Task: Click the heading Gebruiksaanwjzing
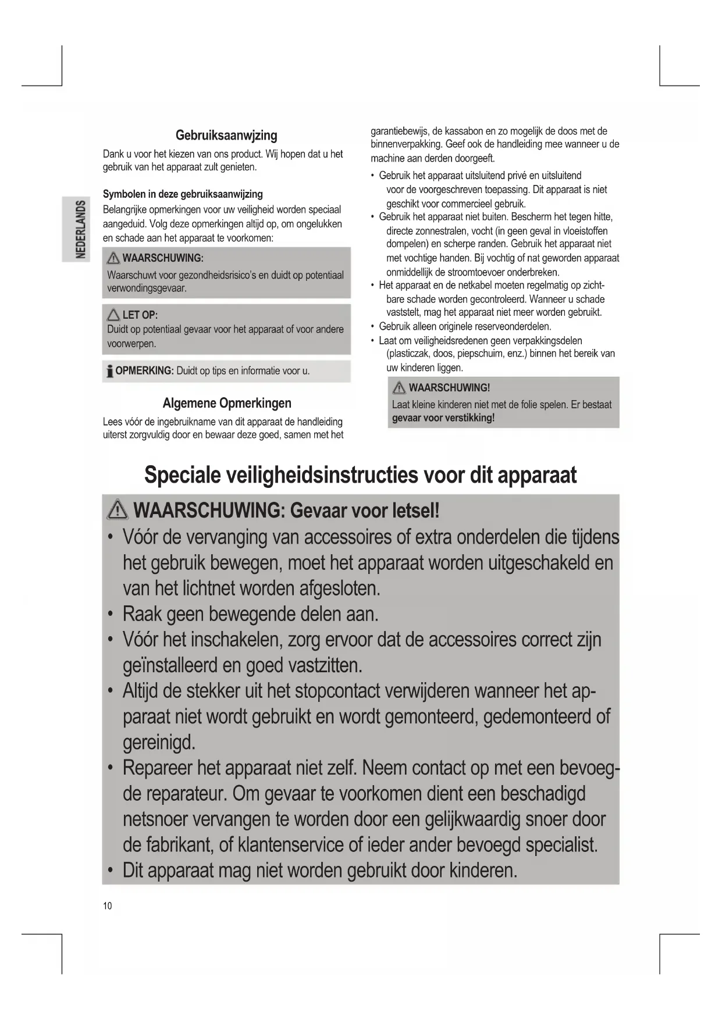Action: (226, 135)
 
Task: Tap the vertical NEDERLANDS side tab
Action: (81, 230)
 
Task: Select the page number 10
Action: (108, 905)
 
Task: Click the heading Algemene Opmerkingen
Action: (227, 403)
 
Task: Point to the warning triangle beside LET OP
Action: (113, 315)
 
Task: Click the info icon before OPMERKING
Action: (109, 371)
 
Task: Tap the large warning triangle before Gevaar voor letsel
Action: (118, 511)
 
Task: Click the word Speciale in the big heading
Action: (182, 475)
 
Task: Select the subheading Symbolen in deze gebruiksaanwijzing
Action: (183, 194)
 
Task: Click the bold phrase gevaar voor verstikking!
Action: (443, 418)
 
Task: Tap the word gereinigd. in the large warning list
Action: (159, 742)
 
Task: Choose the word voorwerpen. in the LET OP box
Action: (131, 344)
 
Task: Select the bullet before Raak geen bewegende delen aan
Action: (111, 614)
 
